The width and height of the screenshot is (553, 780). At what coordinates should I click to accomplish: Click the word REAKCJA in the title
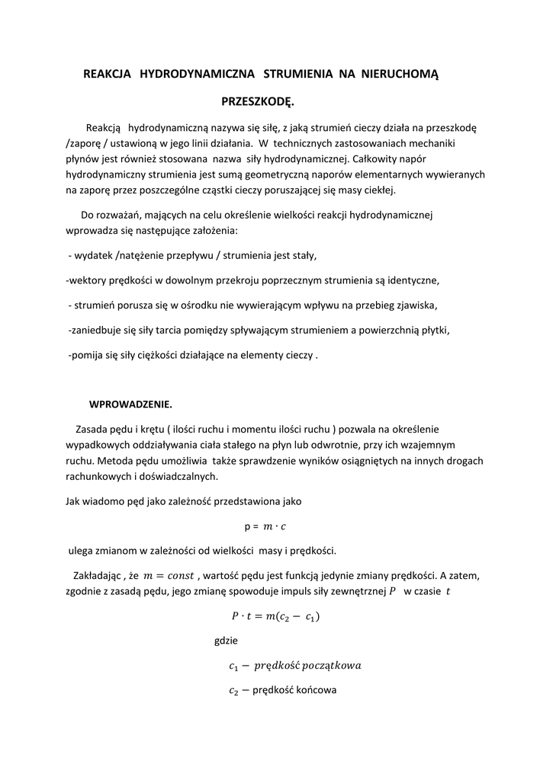pyautogui.click(x=108, y=74)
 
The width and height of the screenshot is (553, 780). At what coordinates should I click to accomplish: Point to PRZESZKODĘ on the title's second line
pyautogui.click(x=258, y=101)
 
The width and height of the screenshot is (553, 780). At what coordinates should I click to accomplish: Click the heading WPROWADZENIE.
pyautogui.click(x=131, y=404)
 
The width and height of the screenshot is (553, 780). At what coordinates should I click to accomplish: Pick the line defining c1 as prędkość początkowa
pyautogui.click(x=294, y=667)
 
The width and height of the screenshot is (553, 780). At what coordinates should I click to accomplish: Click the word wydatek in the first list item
pyautogui.click(x=94, y=254)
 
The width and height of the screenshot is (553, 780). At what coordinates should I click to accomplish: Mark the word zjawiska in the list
pyautogui.click(x=414, y=305)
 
